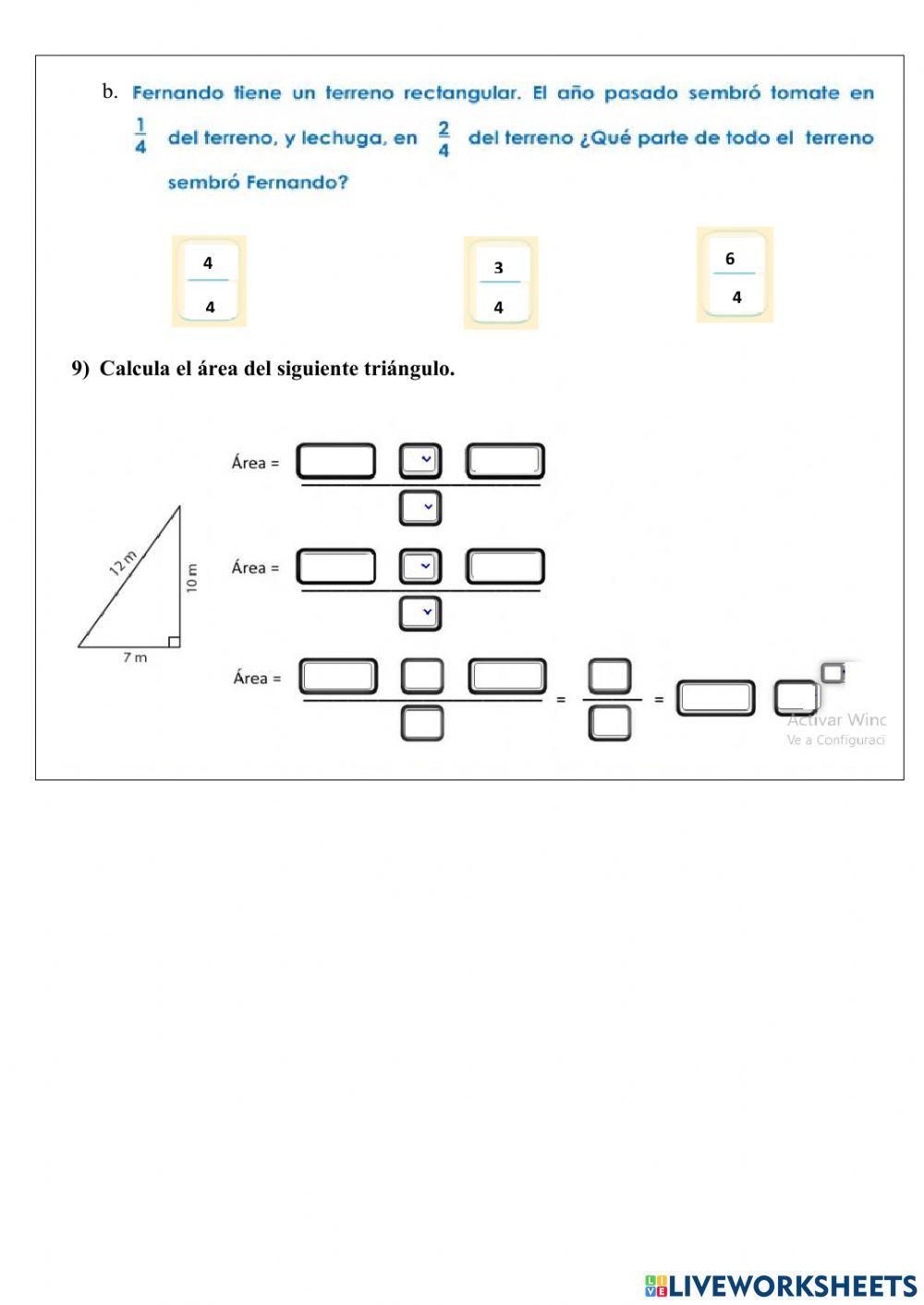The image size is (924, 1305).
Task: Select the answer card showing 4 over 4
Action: coord(209,282)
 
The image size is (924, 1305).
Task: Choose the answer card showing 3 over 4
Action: coord(500,284)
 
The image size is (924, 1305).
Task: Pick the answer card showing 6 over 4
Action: coord(734,275)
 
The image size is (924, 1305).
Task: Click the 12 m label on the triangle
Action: coord(123,562)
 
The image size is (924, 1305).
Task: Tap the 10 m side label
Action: coord(192,578)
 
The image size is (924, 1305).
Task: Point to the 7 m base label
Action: coord(135,658)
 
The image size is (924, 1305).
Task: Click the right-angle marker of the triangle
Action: coord(174,641)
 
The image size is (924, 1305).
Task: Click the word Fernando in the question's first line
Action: coord(178,92)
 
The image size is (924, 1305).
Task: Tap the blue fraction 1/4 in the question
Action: coord(140,136)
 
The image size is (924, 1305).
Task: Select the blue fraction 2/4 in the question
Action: coord(444,138)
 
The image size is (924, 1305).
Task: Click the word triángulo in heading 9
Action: coord(411,369)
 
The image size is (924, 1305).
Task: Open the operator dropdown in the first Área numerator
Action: coord(420,460)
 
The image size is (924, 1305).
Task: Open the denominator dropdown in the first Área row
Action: coord(420,508)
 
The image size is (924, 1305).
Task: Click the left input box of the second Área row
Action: coord(336,567)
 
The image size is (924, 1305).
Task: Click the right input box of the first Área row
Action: coord(505,461)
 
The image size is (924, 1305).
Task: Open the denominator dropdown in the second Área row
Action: coord(420,613)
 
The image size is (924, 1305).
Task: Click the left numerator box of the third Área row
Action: coord(338,677)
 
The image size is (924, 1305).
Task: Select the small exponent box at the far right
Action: coord(833,672)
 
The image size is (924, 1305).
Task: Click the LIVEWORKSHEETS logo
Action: coord(781,1285)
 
